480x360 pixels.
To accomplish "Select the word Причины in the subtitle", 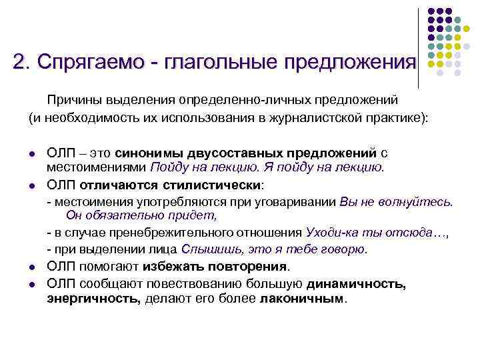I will [x=72, y=99].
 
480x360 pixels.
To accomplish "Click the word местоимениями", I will [x=97, y=167].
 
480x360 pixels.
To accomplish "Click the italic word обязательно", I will [x=122, y=215].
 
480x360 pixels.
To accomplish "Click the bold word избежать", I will [x=163, y=267].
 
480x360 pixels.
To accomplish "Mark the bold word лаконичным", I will [x=303, y=299].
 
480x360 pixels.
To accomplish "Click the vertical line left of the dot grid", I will [x=418, y=47].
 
